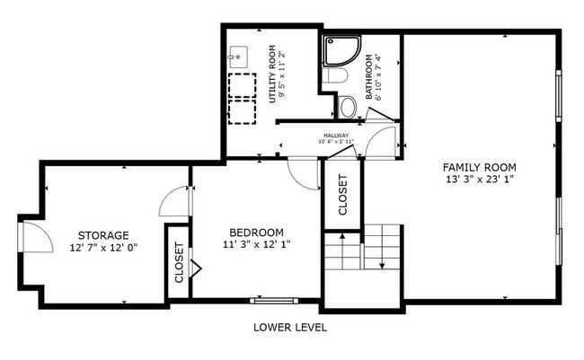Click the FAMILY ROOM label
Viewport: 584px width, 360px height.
(479, 167)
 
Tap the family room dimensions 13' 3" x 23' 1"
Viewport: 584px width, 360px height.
(479, 180)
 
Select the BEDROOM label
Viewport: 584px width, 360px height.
(256, 231)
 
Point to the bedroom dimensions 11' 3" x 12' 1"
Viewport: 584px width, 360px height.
(256, 243)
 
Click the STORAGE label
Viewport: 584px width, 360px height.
(103, 235)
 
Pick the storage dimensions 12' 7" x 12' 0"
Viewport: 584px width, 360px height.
(103, 248)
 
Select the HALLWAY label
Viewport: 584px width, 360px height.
(336, 136)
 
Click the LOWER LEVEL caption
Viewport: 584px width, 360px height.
(290, 328)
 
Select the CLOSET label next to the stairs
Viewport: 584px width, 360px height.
(342, 195)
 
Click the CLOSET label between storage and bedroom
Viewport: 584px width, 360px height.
(179, 262)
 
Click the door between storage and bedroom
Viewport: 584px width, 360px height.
(175, 202)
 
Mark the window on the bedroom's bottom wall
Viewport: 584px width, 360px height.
(271, 300)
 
